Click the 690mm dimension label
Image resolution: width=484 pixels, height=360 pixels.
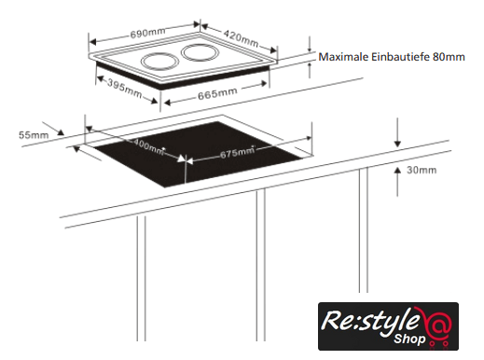147,33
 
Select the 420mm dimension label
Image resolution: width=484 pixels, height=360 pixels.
241,38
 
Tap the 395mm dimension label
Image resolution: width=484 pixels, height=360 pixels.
125,88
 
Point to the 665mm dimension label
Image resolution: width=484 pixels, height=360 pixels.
217,93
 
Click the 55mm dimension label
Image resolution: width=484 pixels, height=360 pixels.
34,135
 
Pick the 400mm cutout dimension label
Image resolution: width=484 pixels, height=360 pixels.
148,146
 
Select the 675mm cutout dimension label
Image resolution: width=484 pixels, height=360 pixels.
238,152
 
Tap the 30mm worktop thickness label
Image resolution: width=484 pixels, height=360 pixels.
422,170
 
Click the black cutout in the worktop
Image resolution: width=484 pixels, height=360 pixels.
199,156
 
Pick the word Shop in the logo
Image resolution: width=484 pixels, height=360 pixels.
409,339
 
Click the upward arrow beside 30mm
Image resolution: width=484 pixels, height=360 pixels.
397,181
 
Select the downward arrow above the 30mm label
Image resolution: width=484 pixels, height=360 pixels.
397,132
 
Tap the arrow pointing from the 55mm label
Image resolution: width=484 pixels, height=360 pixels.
53,129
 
